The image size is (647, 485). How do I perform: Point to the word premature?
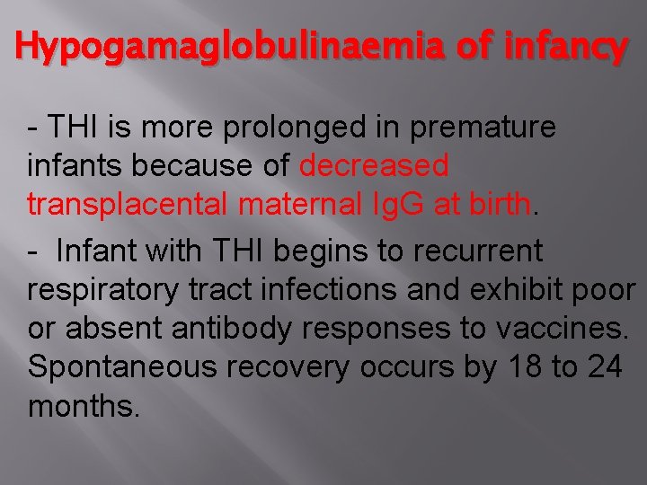(483, 128)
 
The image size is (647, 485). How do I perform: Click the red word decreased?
(374, 165)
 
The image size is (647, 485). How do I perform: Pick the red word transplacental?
(129, 204)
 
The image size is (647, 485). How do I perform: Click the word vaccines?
(557, 330)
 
